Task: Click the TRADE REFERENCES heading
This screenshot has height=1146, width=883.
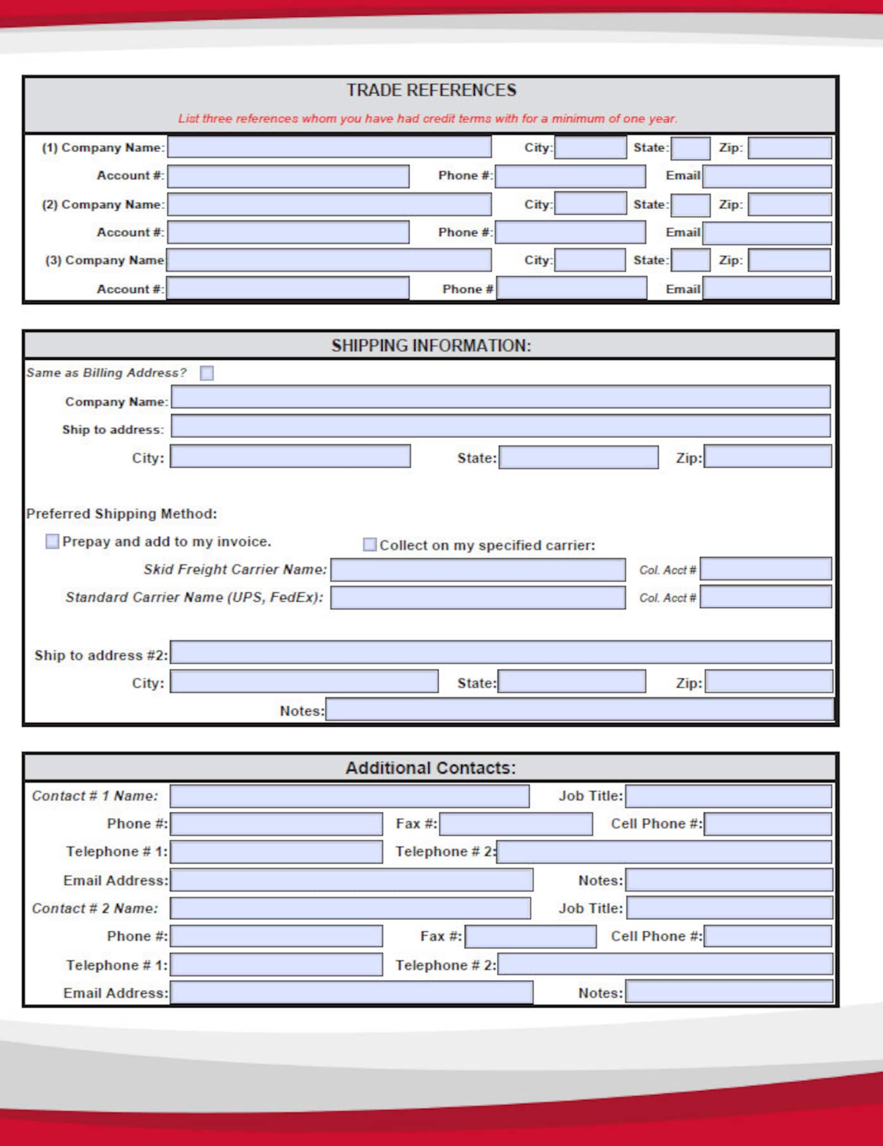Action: (431, 90)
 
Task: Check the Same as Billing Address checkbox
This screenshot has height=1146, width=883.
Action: (207, 373)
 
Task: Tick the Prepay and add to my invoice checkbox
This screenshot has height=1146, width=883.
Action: (52, 541)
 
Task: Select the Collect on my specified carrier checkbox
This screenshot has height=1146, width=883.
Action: (369, 544)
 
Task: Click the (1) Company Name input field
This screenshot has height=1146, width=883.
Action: (329, 147)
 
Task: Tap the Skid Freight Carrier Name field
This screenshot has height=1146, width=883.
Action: (478, 570)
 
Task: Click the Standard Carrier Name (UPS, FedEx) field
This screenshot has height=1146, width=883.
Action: (478, 598)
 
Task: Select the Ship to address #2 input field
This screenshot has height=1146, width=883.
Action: (500, 652)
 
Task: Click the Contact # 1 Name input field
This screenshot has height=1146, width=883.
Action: (349, 796)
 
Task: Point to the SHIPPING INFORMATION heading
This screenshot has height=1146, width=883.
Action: (431, 345)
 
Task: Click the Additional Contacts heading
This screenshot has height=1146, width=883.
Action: (431, 768)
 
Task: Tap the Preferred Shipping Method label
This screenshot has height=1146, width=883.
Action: (122, 513)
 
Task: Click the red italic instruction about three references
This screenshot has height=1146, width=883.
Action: (427, 118)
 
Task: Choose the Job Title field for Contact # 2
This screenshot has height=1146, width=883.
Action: (730, 908)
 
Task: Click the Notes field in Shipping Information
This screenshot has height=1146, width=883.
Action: (579, 710)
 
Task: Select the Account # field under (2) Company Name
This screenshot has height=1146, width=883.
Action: (288, 232)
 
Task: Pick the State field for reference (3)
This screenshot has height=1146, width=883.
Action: (690, 260)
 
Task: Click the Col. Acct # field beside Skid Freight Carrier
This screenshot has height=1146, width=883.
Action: (766, 569)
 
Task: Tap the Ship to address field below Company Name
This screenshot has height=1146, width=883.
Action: (500, 426)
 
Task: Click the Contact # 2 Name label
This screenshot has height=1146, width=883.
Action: (95, 909)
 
